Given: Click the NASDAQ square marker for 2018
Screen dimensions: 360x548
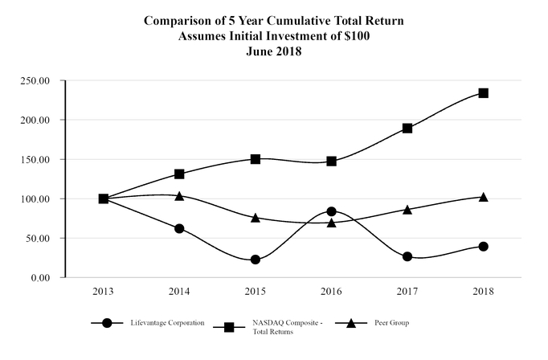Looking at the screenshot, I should pos(484,93).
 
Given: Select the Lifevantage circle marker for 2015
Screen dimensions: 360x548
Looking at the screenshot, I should pos(256,260).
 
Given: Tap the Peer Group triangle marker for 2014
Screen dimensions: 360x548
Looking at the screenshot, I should pos(179,195).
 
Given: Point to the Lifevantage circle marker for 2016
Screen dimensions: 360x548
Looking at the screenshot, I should pos(331,211).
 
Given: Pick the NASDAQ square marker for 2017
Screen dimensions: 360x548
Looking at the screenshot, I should pos(407,128).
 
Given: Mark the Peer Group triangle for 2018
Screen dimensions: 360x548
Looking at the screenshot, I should pos(484,197).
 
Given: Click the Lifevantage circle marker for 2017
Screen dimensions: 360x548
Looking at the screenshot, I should pos(407,256).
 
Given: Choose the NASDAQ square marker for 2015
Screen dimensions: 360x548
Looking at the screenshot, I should pos(256,159).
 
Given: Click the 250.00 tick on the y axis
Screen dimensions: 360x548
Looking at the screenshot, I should pos(36,80).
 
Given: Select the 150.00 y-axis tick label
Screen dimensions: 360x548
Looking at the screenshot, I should pos(36,159).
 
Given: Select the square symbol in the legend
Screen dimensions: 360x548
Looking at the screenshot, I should pos(229,326).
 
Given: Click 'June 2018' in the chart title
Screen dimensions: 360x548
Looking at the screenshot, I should pos(275,50).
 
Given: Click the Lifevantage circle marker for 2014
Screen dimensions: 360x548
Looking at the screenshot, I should pos(179,228).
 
